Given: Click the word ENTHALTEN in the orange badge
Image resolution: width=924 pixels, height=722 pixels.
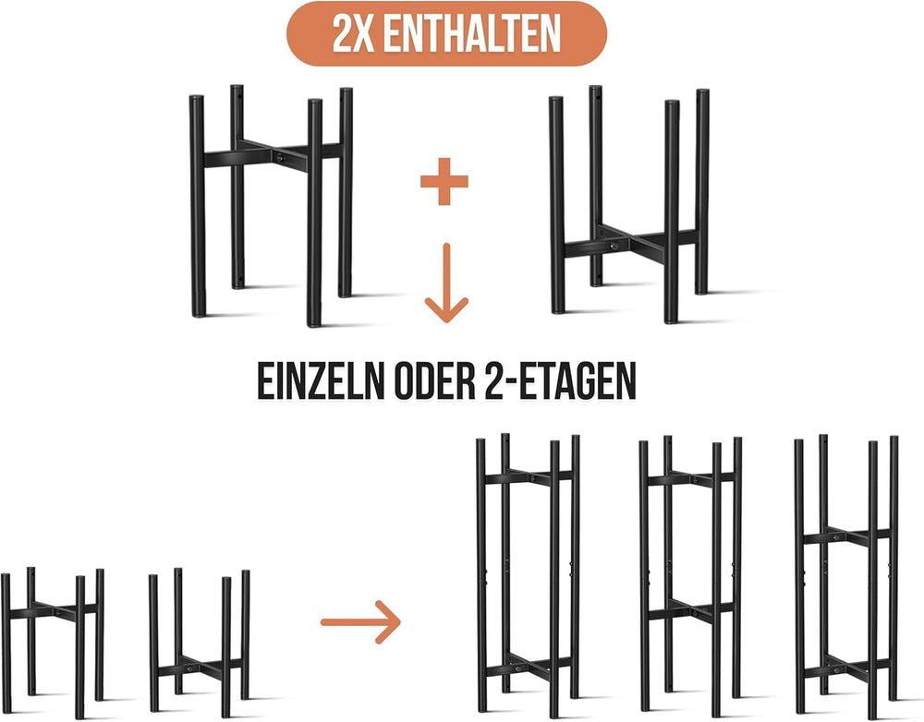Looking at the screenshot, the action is pos(471,33).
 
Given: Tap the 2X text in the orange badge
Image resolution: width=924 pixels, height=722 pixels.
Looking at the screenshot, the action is pos(353,33).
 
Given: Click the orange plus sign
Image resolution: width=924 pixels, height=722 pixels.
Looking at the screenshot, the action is pos(444,181).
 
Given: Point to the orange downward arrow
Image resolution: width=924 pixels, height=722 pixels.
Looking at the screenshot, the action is pos(446,283).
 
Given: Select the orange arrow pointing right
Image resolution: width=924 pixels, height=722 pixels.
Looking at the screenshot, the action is pos(360,622).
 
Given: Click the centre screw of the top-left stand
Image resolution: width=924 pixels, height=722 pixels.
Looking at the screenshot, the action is pos(279,158).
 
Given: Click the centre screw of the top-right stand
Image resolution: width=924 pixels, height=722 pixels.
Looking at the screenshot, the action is pos(614,247).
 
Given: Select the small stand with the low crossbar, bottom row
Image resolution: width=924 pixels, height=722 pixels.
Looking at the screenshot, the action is pos(200,641).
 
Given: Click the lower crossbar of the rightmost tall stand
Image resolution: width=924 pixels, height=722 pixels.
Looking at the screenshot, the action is pos(846,668).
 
